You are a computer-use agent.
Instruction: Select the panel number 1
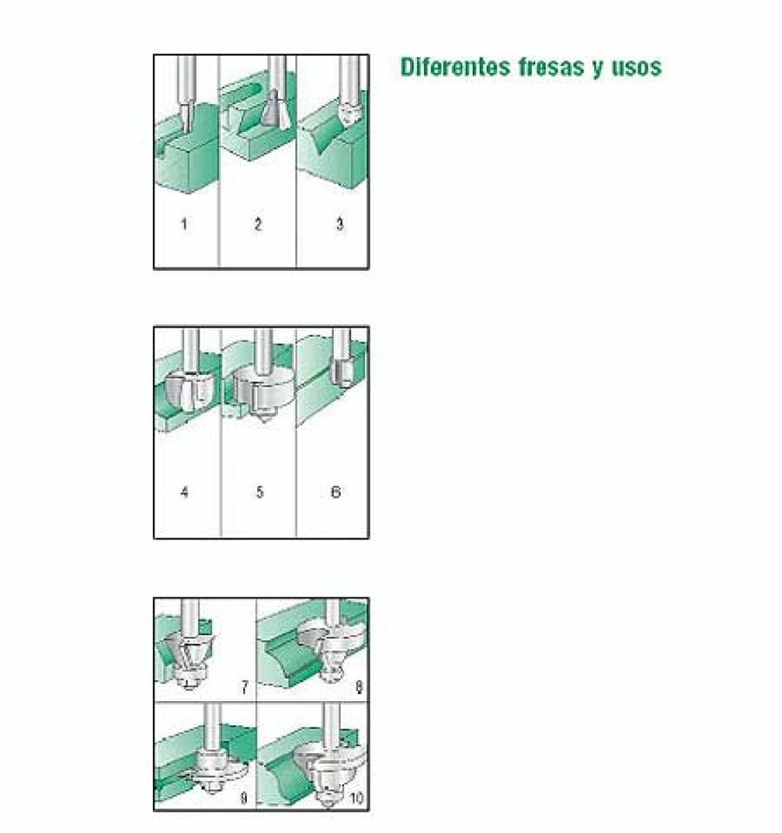[x=184, y=223]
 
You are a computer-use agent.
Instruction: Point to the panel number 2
[x=258, y=223]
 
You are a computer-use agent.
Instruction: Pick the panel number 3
[x=340, y=223]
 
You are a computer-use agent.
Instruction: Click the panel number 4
[x=184, y=492]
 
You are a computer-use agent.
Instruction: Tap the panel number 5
[x=259, y=492]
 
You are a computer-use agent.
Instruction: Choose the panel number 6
[x=335, y=492]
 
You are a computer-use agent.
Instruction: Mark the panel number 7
[x=244, y=688]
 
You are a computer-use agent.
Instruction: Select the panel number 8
[x=359, y=688]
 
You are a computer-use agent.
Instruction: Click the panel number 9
[x=244, y=798]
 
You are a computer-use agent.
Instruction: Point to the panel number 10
[x=356, y=798]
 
